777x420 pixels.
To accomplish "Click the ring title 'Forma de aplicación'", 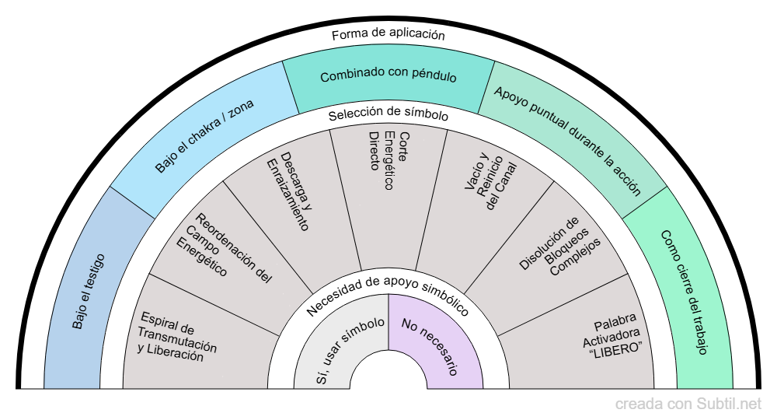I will click(x=388, y=34).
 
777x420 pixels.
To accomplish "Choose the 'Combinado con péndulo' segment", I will click(x=388, y=77).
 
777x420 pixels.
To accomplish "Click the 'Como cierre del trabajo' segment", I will click(x=684, y=292).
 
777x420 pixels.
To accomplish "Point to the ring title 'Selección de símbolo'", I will click(x=388, y=115).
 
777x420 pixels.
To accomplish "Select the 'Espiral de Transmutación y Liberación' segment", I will click(x=177, y=338).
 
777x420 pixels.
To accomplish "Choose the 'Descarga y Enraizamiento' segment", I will click(x=289, y=188).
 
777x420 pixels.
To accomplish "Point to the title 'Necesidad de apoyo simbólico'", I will click(x=388, y=294).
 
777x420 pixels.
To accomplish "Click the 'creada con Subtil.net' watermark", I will click(x=688, y=404).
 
